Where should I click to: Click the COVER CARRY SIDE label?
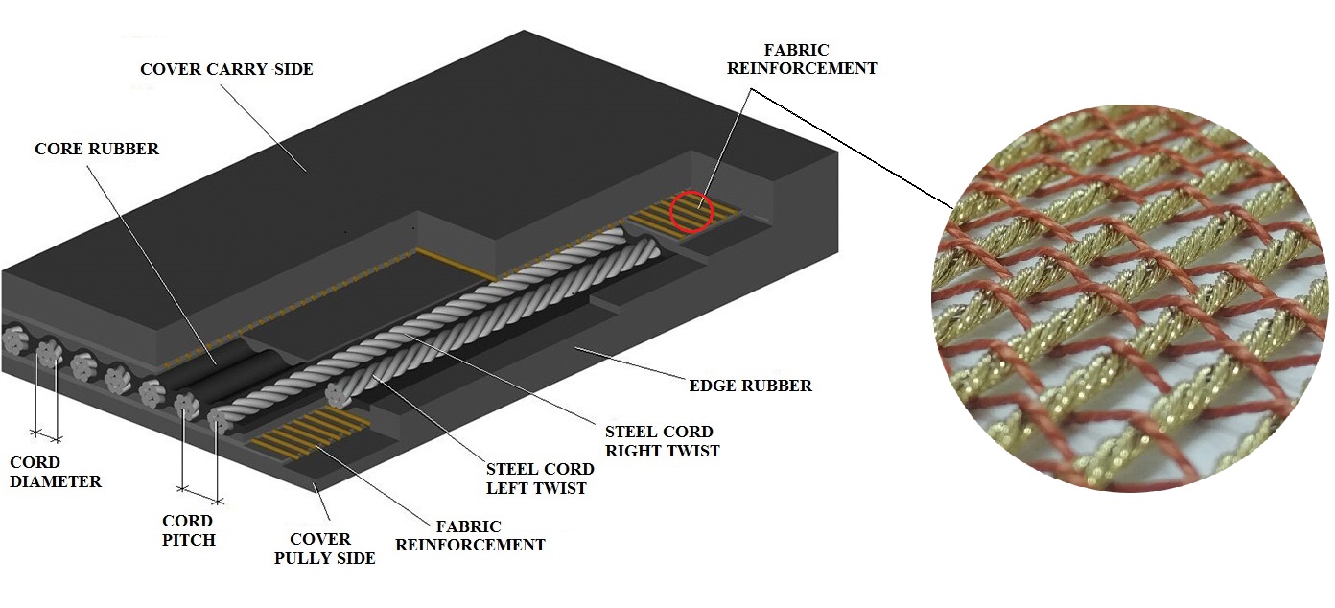[x=226, y=69]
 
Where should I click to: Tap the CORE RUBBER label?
[x=97, y=149]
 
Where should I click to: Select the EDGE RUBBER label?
[x=751, y=386]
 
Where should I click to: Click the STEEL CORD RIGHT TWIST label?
[x=662, y=441]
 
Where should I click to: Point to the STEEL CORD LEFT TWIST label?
[x=540, y=479]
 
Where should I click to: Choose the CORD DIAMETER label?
[x=55, y=472]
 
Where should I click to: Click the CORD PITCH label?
[x=188, y=530]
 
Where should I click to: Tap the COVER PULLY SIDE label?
[x=325, y=549]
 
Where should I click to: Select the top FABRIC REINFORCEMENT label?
[x=802, y=58]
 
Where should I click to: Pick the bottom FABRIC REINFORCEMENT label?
[x=470, y=535]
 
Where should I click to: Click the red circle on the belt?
[x=691, y=212]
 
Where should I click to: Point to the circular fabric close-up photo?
[x=1132, y=297]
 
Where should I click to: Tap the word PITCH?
[x=188, y=540]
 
